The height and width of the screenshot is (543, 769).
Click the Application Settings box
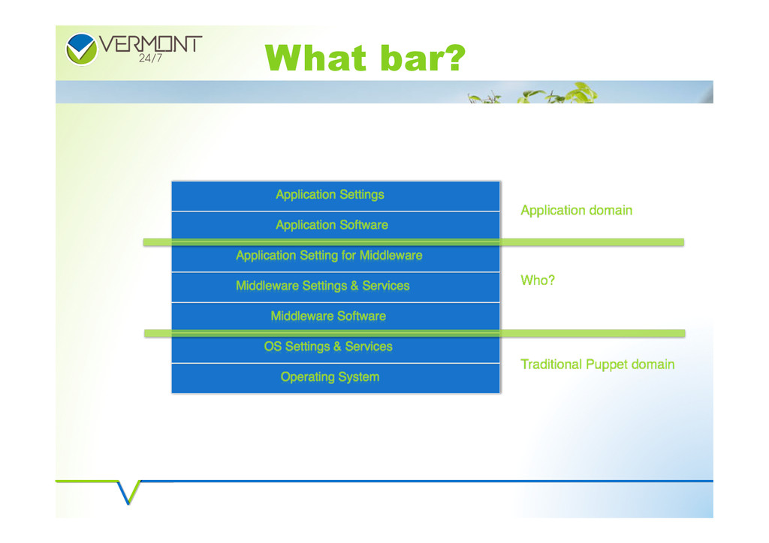pos(336,196)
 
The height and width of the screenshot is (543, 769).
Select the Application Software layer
pos(336,226)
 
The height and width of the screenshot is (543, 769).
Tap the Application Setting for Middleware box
pos(336,256)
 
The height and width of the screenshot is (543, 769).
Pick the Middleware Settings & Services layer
pos(336,287)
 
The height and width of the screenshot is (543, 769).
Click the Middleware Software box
pos(336,317)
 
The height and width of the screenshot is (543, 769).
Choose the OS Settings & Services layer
pos(336,348)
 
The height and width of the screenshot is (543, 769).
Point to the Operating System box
pos(336,378)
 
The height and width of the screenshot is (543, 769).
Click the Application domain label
pos(576,211)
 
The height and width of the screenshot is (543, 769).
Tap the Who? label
pos(538,280)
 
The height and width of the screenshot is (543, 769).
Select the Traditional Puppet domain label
pos(597,364)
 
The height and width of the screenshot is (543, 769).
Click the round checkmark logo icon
pos(81,49)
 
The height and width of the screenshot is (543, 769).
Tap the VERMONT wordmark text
pos(150,44)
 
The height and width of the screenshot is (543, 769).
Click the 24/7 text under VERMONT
pos(150,58)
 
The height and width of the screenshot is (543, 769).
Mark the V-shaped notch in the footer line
pos(128,492)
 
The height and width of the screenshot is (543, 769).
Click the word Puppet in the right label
pos(607,365)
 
